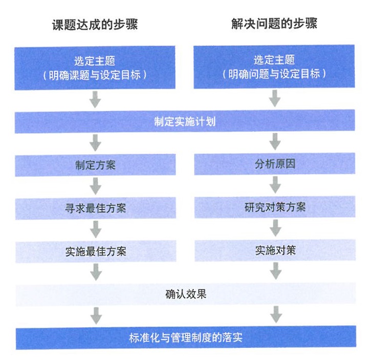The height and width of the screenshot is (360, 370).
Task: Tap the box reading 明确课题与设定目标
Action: [x=95, y=68]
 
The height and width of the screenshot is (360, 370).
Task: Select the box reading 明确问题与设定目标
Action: [x=274, y=68]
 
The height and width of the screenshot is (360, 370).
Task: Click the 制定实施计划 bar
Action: [x=185, y=122]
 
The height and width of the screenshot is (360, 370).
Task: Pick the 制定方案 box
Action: [x=95, y=165]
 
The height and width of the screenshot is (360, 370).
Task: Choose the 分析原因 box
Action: [x=275, y=165]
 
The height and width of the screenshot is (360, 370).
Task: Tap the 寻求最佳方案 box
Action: [x=95, y=208]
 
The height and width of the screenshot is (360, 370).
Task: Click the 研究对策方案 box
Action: [x=275, y=208]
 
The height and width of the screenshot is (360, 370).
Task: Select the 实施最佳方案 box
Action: [x=95, y=251]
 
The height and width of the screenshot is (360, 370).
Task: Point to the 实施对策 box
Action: [x=275, y=251]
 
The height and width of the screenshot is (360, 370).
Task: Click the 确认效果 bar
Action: [x=185, y=294]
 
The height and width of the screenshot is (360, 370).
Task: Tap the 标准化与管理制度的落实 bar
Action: [x=185, y=338]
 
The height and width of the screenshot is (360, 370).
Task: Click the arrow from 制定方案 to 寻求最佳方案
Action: [x=95, y=186]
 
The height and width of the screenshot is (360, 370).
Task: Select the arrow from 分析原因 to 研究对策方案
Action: [x=275, y=186]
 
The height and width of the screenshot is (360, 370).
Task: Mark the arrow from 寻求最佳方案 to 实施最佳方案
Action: [x=95, y=229]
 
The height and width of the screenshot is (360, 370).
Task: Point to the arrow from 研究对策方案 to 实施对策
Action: [x=275, y=229]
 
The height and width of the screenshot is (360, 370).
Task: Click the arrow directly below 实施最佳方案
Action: [x=95, y=272]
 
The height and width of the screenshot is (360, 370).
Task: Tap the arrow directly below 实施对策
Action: [x=275, y=272]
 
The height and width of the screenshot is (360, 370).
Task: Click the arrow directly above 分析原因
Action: [x=275, y=143]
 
